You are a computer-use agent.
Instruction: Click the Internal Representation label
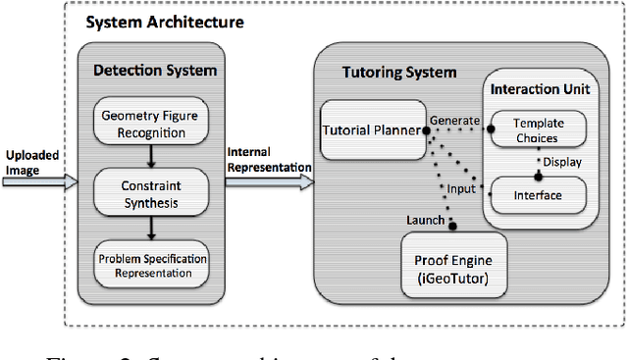(269, 159)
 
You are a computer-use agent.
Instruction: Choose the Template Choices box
(537, 131)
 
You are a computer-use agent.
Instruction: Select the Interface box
(537, 195)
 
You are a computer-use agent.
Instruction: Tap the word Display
(562, 161)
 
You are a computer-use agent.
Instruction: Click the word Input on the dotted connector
(461, 187)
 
